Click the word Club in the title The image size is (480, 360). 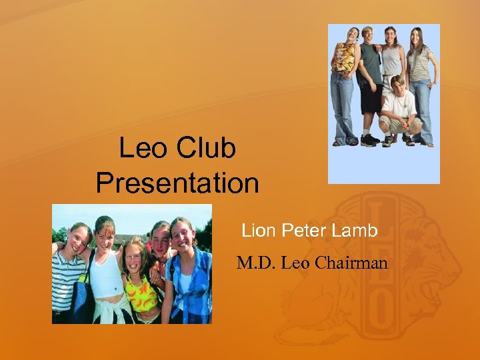pyautogui.click(x=206, y=149)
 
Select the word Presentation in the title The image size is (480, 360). pyautogui.click(x=177, y=183)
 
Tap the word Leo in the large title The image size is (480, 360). pyautogui.click(x=144, y=149)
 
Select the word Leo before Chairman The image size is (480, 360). pyautogui.click(x=295, y=263)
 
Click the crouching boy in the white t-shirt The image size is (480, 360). pyautogui.click(x=399, y=107)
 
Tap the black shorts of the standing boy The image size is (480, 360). pyautogui.click(x=371, y=97)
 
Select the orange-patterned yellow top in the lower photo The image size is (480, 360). pyautogui.click(x=141, y=293)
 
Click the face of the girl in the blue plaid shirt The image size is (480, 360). pyautogui.click(x=181, y=235)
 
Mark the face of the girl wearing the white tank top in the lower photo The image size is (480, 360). pyautogui.click(x=105, y=233)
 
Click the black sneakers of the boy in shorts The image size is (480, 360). pyautogui.click(x=369, y=141)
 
